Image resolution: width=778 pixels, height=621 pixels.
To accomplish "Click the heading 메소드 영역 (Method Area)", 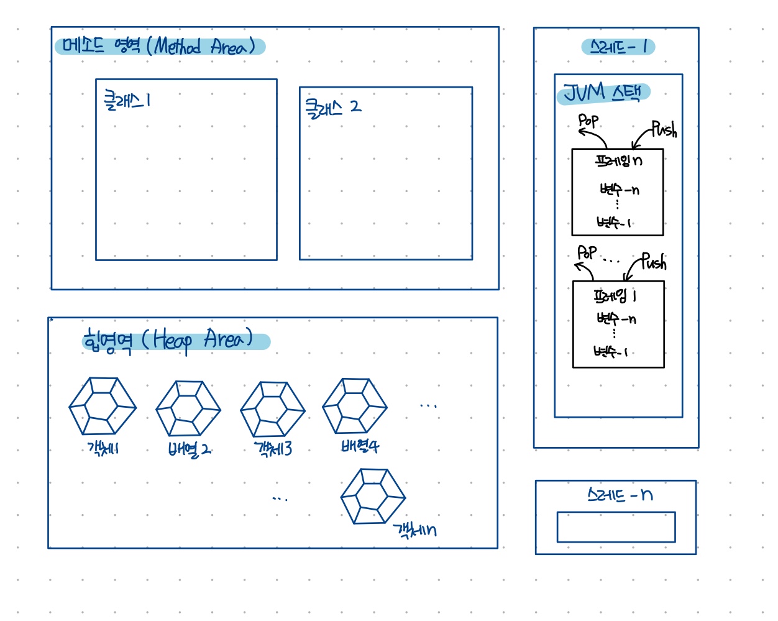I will [x=160, y=47].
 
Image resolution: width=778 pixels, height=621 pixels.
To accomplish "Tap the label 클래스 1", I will [x=127, y=101].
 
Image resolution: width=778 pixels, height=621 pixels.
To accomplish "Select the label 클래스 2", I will [x=332, y=108].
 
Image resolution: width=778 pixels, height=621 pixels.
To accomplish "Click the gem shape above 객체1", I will [x=103, y=407].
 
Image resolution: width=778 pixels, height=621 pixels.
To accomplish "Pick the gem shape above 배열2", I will [x=188, y=408].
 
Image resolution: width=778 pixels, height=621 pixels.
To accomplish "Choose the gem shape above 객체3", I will [x=273, y=410].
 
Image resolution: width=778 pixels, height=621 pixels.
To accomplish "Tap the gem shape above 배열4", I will [x=355, y=407].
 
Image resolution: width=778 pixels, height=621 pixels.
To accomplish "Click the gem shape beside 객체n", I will [x=373, y=497].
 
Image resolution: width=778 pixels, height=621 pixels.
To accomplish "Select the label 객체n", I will [x=414, y=530].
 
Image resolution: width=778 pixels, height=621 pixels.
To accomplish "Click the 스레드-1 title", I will [x=618, y=47].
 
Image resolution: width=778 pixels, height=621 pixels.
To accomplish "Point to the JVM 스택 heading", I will [x=603, y=93].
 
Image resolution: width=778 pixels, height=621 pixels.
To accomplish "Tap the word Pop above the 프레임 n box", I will [x=588, y=120].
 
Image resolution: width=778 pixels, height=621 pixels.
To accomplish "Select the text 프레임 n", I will [x=618, y=161].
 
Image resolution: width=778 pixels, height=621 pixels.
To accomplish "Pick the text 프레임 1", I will [x=615, y=296].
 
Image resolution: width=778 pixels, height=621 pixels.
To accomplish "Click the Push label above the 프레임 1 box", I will [x=653, y=262].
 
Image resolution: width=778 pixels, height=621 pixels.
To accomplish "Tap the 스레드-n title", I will [x=620, y=495].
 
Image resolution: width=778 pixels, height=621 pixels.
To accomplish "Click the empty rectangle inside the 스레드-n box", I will [x=616, y=527].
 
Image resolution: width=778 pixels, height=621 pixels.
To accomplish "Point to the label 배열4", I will [x=359, y=446].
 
